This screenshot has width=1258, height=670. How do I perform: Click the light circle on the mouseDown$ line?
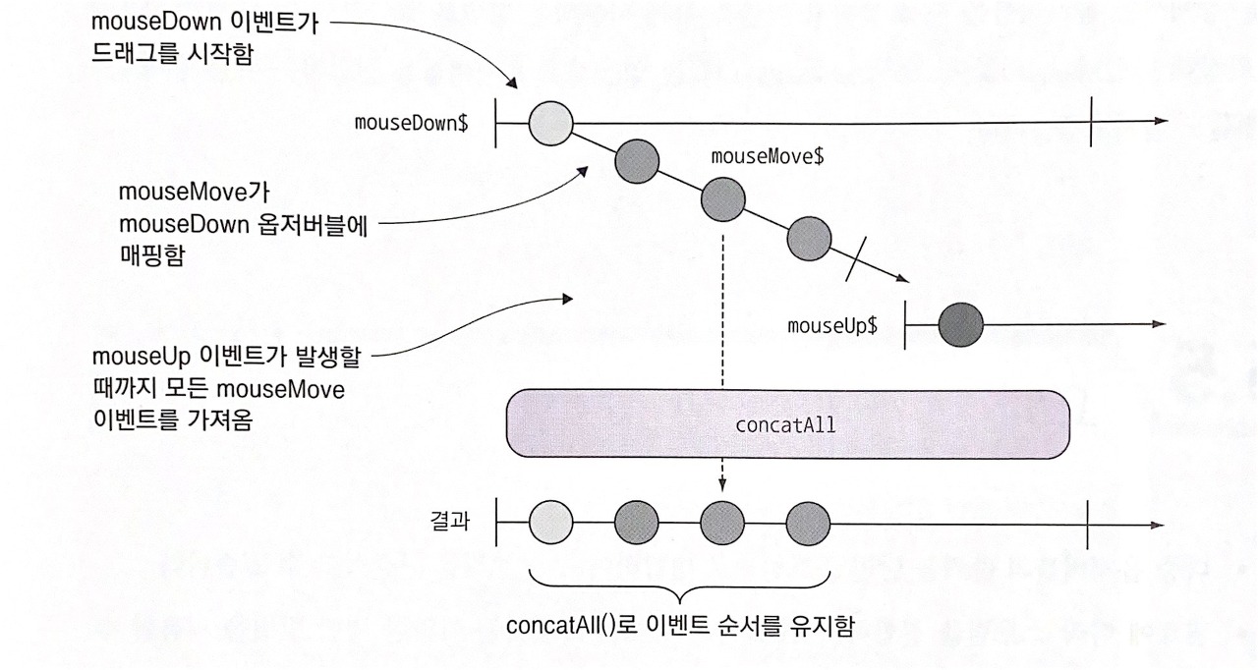pyautogui.click(x=549, y=123)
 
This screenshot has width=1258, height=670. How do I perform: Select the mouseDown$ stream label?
pyautogui.click(x=411, y=124)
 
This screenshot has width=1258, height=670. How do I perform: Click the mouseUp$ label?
pyautogui.click(x=832, y=325)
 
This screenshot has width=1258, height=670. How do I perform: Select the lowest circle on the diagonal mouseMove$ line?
pyautogui.click(x=809, y=239)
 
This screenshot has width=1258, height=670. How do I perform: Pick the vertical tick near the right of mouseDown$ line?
pyautogui.click(x=1091, y=122)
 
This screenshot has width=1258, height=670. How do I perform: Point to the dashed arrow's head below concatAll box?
pyautogui.click(x=722, y=484)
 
